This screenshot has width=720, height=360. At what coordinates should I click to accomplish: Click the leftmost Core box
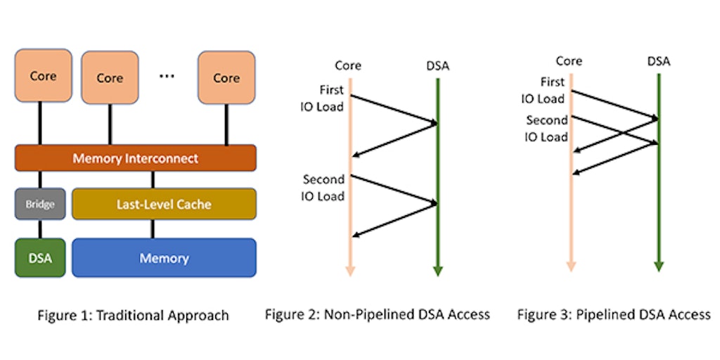(43, 75)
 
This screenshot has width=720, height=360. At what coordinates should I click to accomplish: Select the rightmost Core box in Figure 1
(226, 77)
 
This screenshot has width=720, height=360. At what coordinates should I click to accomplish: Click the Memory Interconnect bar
(135, 158)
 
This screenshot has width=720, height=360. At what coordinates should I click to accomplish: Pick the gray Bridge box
(39, 204)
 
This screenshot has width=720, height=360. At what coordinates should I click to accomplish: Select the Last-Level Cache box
(164, 204)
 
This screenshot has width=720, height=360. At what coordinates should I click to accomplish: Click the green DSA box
(39, 257)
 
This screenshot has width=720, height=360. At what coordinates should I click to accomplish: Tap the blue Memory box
(164, 257)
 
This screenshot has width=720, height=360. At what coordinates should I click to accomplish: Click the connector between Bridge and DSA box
(39, 229)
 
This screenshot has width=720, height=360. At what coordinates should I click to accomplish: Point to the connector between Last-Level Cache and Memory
(153, 229)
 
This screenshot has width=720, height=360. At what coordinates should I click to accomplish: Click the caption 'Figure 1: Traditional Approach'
(133, 315)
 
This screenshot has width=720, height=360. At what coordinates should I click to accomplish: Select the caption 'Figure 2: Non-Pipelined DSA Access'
(377, 314)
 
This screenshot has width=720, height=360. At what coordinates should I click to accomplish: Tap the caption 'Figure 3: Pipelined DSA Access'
(614, 314)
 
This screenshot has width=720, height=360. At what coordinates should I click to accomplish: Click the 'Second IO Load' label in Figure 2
(323, 188)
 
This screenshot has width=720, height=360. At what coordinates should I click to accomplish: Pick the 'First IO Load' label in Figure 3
(543, 91)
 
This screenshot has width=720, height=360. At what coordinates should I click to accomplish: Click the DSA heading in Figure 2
(437, 66)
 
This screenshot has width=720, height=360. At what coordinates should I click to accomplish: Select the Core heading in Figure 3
(568, 61)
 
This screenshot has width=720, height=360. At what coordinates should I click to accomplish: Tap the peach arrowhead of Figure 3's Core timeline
(571, 266)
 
